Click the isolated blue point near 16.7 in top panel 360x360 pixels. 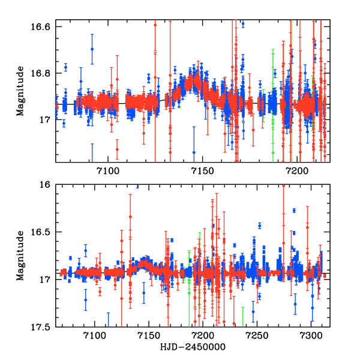pyautogui.click(x=92, y=49)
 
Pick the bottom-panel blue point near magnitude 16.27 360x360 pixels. pyautogui.click(x=294, y=210)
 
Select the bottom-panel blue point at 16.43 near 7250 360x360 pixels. pyautogui.click(x=260, y=226)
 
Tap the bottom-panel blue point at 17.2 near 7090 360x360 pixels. pyautogui.click(x=85, y=299)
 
